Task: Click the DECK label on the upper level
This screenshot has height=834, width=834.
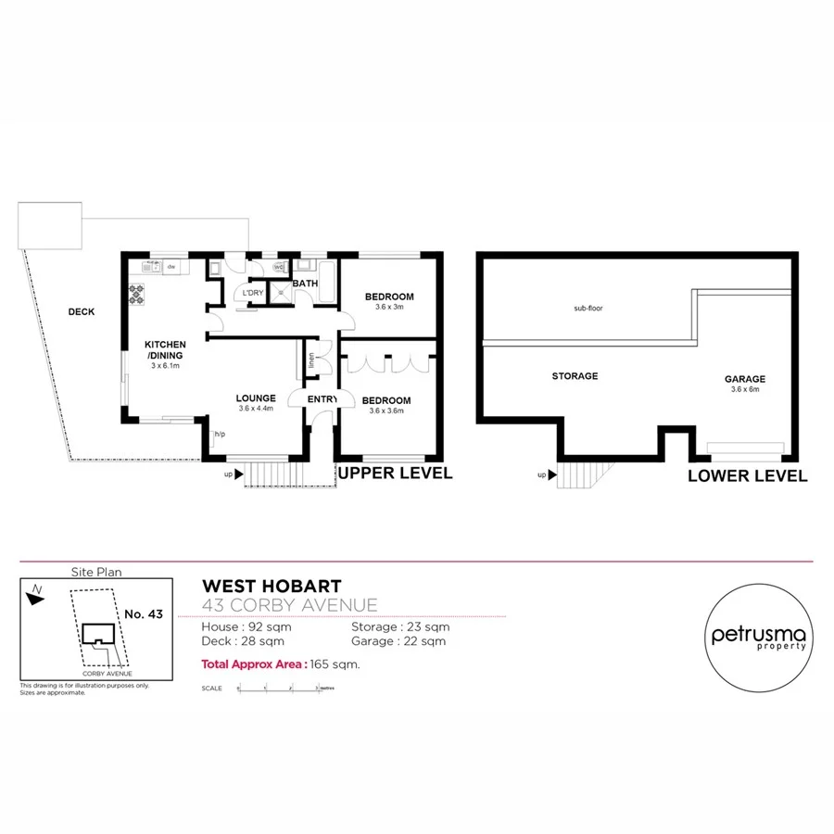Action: pyautogui.click(x=82, y=312)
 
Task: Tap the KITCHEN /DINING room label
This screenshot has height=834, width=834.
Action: pyautogui.click(x=165, y=349)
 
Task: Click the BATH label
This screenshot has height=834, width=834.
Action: pyautogui.click(x=306, y=284)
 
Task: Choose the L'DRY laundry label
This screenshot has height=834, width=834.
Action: pyautogui.click(x=252, y=294)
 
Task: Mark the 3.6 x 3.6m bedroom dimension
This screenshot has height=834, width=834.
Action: pyautogui.click(x=389, y=411)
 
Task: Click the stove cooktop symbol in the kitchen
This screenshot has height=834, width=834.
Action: pyautogui.click(x=138, y=294)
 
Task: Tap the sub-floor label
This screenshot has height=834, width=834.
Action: pyautogui.click(x=588, y=308)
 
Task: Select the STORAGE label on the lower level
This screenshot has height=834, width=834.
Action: pyautogui.click(x=575, y=376)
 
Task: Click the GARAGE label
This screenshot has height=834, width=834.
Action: pyautogui.click(x=745, y=379)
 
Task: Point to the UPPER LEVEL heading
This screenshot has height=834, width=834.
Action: pyautogui.click(x=396, y=474)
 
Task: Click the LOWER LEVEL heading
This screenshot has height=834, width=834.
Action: pyautogui.click(x=747, y=476)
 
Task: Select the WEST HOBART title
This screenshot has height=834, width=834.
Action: pyautogui.click(x=272, y=587)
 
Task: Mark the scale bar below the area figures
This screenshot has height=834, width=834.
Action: pyautogui.click(x=278, y=688)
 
